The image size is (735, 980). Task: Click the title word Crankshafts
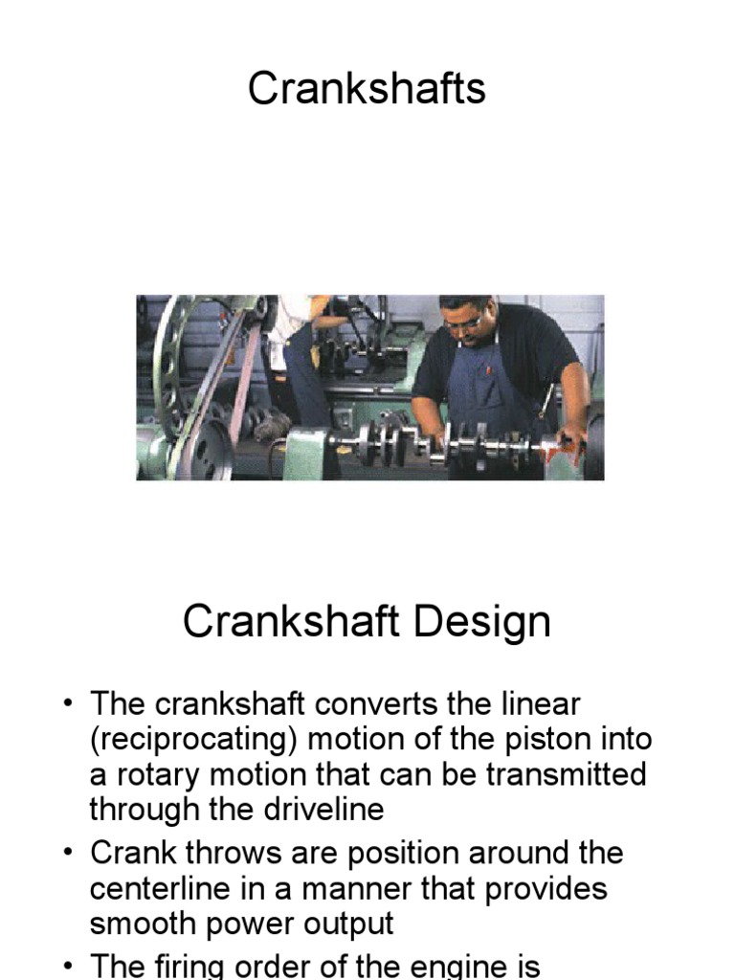pyautogui.click(x=367, y=89)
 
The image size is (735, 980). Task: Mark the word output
pyautogui.click(x=346, y=924)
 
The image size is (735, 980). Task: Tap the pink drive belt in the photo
pyautogui.click(x=244, y=383)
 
